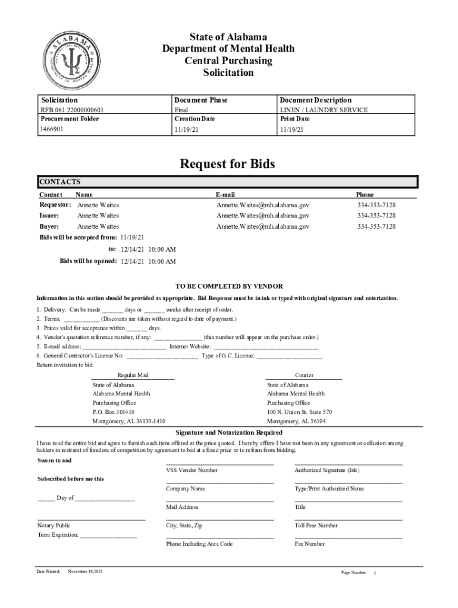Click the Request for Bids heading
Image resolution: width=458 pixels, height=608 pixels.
coord(228,163)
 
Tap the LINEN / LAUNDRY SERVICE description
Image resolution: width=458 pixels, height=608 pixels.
coord(324,110)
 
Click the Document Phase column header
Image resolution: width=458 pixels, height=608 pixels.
coord(200,100)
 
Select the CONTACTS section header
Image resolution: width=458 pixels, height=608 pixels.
coord(59,182)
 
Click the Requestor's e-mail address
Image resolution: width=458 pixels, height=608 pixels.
coord(263,205)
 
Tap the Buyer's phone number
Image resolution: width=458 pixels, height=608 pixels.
coord(376,226)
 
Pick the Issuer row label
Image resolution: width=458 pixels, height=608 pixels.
coord(49,216)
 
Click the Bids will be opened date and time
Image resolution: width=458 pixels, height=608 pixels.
coord(148,261)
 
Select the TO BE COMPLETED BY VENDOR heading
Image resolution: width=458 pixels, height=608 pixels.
coord(228,286)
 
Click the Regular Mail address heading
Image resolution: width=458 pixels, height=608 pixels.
coord(133,375)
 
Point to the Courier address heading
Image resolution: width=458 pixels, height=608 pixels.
coord(304,375)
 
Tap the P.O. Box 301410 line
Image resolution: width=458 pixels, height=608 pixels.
coord(113,411)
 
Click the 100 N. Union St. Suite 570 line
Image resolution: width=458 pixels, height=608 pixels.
coord(299,411)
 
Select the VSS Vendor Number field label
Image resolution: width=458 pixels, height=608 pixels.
coord(192,470)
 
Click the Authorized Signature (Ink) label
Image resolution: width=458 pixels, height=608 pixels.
coord(327,470)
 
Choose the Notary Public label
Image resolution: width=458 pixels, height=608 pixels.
coord(54,525)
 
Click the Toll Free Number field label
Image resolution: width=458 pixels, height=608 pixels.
coord(316,525)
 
